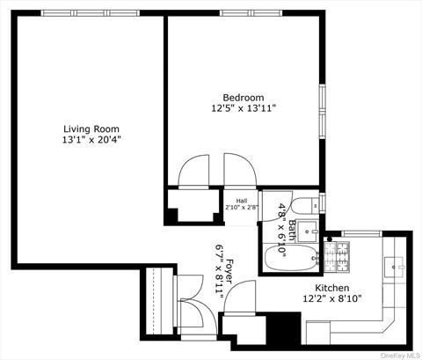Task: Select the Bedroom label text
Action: pos(243,98)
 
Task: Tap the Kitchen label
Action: pos(332,288)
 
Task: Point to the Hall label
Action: pos(241,201)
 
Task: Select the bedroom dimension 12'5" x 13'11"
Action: pos(243,109)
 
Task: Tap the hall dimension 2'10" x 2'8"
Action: pos(241,208)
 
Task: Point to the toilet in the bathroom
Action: pos(304,207)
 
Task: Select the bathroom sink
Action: pos(309,232)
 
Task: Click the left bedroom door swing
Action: pos(194,171)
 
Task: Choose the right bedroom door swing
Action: pos(238,171)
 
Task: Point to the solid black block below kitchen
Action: pos(283,332)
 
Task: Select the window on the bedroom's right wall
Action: pos(322,111)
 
